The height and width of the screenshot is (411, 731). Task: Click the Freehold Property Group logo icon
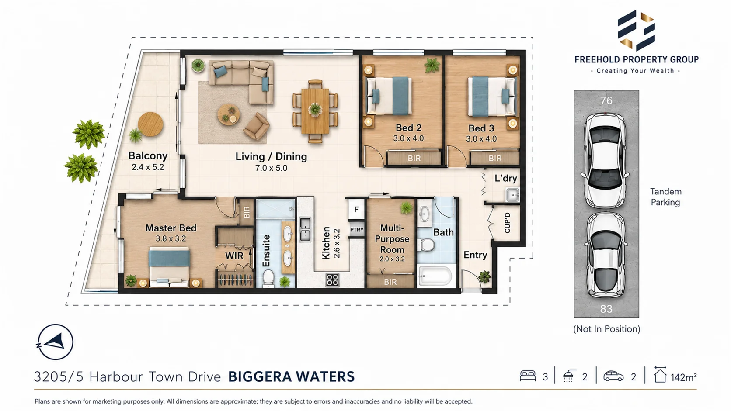click(x=636, y=30)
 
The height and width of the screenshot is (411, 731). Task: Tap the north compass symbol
click(x=55, y=342)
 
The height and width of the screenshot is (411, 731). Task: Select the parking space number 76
click(x=606, y=100)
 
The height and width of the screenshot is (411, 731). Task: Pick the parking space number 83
click(x=606, y=309)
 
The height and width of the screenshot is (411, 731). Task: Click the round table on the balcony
click(x=150, y=124)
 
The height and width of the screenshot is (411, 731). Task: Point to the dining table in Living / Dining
click(x=315, y=111)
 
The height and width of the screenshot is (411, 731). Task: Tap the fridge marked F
click(x=356, y=209)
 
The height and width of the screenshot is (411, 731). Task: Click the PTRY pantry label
click(x=357, y=230)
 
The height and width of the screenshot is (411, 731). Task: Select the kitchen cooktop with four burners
click(x=332, y=280)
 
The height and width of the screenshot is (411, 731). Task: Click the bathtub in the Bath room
click(x=436, y=276)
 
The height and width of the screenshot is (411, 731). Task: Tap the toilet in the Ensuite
click(x=268, y=278)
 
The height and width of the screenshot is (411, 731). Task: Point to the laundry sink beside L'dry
click(x=513, y=195)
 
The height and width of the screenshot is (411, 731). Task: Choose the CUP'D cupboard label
click(x=507, y=223)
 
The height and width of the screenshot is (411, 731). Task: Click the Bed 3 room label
click(x=481, y=128)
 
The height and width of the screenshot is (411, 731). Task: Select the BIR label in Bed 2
click(x=414, y=159)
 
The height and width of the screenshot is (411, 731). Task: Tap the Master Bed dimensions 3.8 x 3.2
click(x=171, y=238)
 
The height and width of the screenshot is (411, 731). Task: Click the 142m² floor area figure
click(x=684, y=377)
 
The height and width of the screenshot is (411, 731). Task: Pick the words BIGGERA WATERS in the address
click(x=291, y=377)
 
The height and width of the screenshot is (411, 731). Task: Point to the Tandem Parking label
click(x=666, y=197)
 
